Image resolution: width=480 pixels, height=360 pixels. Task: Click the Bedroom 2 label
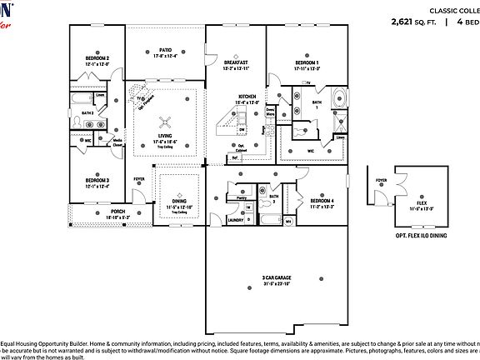coord(97,58)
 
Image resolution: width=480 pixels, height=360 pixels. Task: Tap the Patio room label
coord(166,50)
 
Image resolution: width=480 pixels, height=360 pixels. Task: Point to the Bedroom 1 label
coord(307,62)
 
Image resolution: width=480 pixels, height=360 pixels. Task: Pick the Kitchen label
coord(247,97)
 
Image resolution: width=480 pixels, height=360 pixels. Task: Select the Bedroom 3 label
coord(97,181)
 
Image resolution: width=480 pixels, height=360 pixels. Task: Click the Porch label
coord(118,212)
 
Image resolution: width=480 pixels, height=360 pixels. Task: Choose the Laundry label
coord(236,220)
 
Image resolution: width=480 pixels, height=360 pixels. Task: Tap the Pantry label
coord(242,198)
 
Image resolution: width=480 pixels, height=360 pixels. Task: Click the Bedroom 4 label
coord(322,201)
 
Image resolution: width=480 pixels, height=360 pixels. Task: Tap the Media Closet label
coord(118,143)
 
